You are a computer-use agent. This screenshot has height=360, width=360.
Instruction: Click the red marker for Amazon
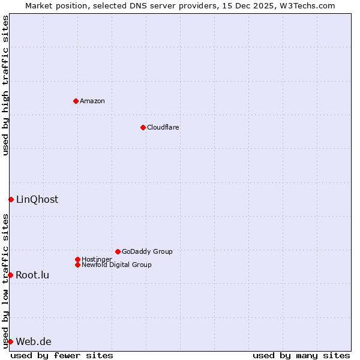76,101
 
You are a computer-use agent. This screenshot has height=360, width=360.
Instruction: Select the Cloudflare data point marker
143,127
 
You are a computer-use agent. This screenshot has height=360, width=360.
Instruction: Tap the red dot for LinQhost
11,199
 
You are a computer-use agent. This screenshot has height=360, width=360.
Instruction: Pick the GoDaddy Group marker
118,251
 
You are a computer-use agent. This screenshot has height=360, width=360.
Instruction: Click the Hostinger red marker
77,259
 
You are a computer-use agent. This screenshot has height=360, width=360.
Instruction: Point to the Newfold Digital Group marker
77,265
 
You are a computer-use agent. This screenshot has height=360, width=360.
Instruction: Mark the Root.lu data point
10,275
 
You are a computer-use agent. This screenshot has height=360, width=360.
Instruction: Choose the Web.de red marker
10,341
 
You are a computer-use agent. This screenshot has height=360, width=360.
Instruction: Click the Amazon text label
92,101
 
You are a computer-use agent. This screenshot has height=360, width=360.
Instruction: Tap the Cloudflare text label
163,127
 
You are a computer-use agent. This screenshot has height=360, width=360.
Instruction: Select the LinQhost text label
37,200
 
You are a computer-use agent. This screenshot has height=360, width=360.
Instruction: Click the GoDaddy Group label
147,251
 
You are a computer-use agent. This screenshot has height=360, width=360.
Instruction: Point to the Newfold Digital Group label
116,265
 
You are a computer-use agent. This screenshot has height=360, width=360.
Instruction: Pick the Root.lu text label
32,275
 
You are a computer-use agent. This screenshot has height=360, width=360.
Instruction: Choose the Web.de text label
34,342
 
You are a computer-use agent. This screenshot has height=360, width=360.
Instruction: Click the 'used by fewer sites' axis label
62,355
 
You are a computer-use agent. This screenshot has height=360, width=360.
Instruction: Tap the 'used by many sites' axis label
301,355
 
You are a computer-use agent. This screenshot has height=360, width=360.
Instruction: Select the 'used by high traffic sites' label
5,86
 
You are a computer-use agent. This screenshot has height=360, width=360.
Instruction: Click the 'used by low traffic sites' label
5,280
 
